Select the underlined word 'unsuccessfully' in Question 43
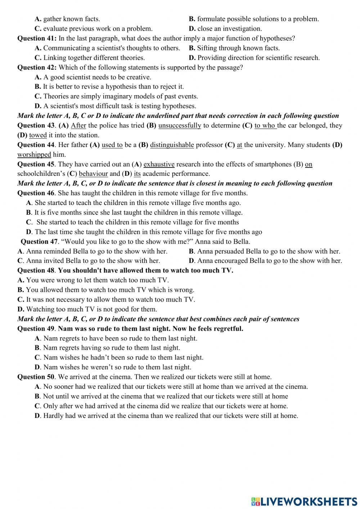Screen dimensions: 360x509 pos(180,125)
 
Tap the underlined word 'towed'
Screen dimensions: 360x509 pos(38,135)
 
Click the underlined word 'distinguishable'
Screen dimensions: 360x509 pos(172,145)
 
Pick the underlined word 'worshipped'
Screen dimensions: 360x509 pos(34,155)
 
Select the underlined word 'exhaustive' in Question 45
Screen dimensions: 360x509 pos(159,164)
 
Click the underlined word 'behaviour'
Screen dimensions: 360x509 pos(93,174)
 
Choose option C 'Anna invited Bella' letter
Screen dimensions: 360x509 pos(20,260)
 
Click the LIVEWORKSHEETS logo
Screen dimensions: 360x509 pos(304,501)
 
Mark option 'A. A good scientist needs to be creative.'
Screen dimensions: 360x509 pos(93,77)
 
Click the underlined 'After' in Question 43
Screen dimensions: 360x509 pos(78,125)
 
